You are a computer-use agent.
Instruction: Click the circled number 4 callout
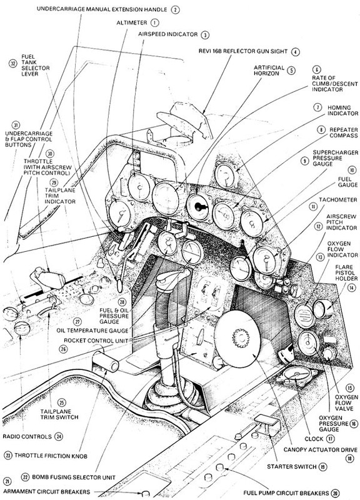coord(296,51)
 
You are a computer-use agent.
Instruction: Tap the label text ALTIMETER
coord(131,23)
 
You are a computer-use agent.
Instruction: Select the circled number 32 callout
coord(12,64)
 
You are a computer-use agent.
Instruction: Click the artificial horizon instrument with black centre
coord(199,207)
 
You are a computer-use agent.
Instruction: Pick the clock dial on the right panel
coord(308,342)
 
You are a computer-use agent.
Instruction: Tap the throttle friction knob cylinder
coord(105,361)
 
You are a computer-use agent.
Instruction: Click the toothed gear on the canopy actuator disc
coord(241,338)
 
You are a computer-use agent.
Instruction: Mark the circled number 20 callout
coord(335,493)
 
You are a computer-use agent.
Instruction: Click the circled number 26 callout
coord(64,349)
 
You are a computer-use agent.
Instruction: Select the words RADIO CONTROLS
coord(27,436)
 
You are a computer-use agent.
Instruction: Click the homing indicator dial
coord(226,176)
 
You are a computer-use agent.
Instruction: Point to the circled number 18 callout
coord(350,459)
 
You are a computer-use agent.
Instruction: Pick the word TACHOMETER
coord(338,199)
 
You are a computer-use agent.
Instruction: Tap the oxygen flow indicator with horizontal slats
coord(304,315)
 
